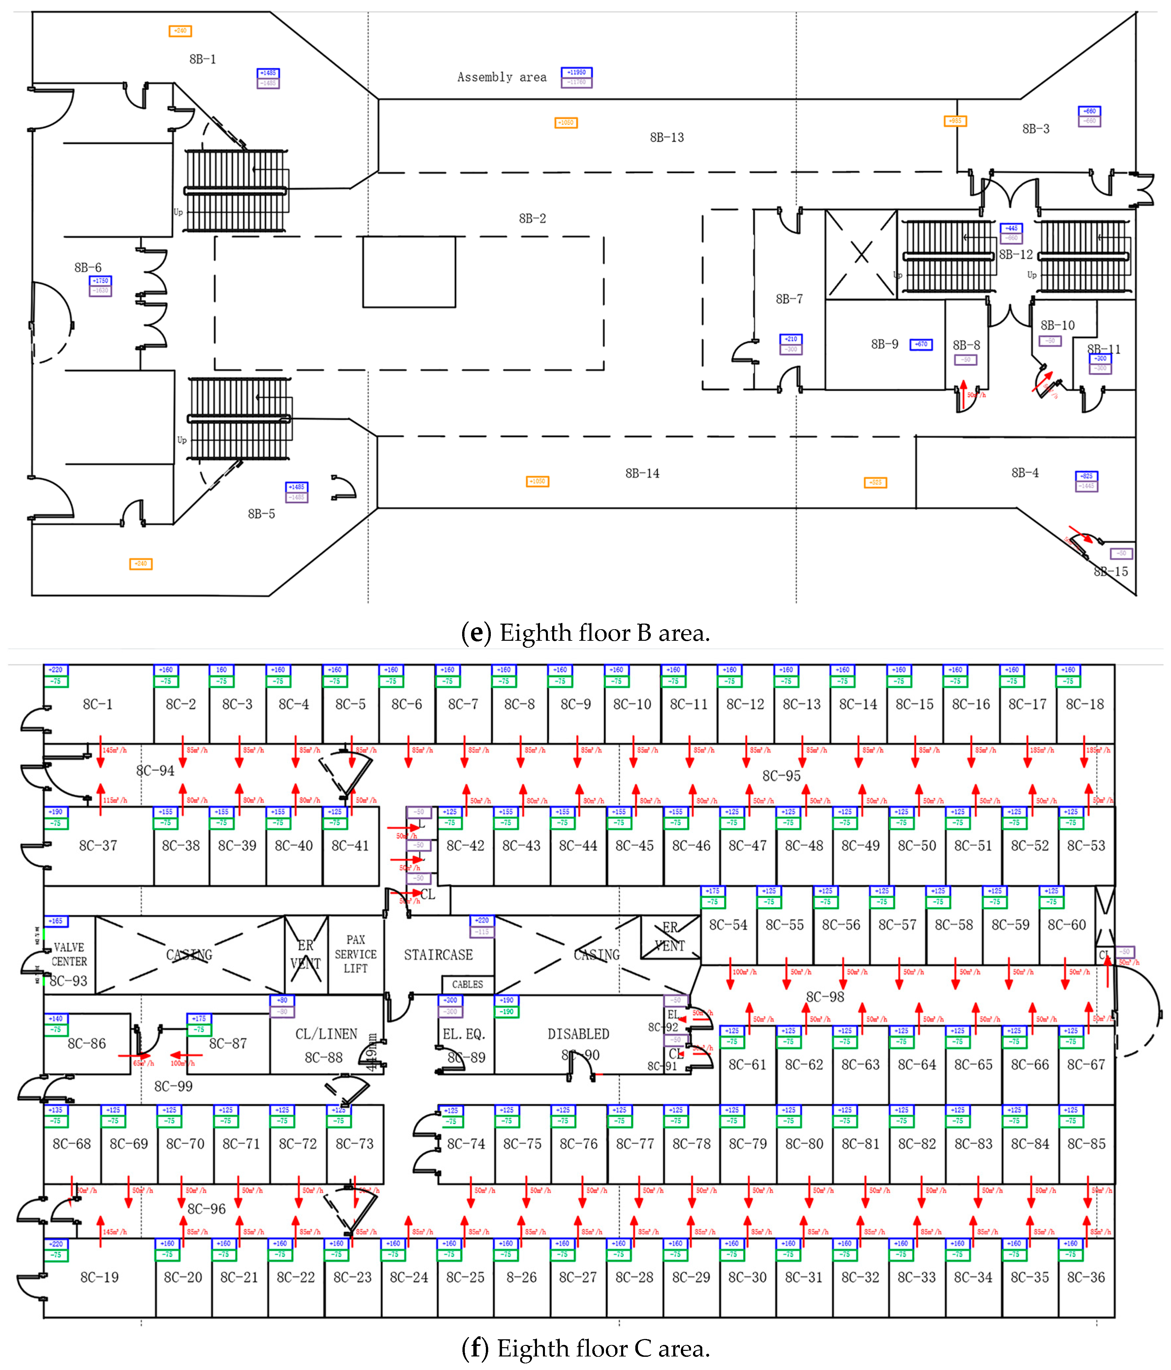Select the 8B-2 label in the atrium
(532, 218)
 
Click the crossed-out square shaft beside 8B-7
(861, 254)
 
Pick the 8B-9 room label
(884, 344)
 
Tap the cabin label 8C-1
(98, 704)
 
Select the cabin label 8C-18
(1085, 704)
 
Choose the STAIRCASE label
(438, 955)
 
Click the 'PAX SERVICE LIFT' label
(356, 954)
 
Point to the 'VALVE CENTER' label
(69, 954)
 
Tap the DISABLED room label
(578, 1034)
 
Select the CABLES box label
(467, 984)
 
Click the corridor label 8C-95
(781, 775)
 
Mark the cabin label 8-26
(522, 1278)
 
